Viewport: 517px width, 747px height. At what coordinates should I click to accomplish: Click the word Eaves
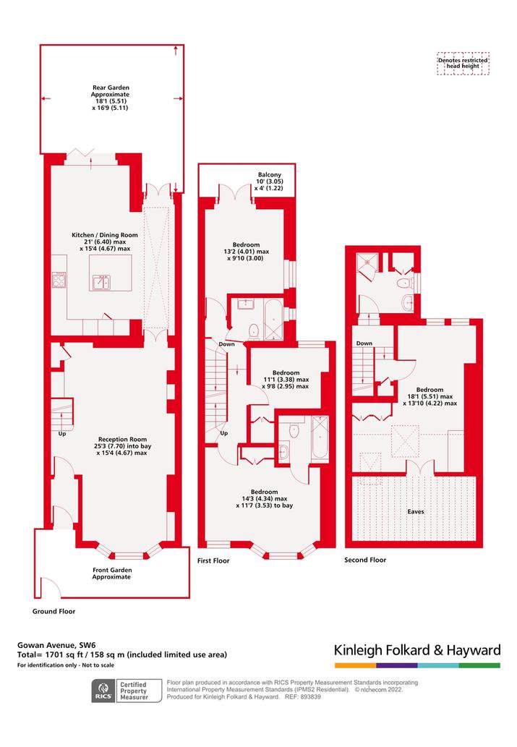416,512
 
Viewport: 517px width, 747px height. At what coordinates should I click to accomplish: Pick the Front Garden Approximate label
112,573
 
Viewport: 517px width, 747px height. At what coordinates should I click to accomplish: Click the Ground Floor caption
54,611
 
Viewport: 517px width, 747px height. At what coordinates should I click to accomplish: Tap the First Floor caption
213,560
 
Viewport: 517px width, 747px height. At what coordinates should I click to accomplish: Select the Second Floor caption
365,560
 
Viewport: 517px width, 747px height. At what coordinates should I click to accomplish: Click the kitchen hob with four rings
59,280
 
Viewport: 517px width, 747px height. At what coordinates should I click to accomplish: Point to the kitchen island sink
101,282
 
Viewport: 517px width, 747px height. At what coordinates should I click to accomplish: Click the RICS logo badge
103,691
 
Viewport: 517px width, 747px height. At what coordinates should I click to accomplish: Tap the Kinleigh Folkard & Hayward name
417,650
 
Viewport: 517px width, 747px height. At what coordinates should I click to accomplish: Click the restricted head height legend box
463,64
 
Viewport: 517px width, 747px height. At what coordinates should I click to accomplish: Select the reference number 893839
309,696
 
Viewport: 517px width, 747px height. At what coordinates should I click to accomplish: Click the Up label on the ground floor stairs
62,434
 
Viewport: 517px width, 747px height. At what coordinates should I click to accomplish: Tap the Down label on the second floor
364,343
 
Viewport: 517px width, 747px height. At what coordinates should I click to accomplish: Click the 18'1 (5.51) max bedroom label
430,396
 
